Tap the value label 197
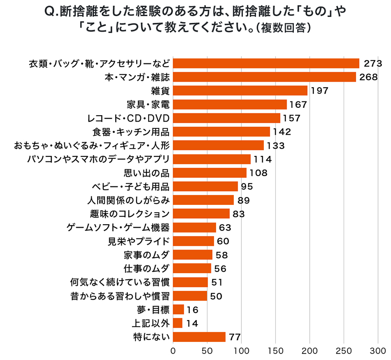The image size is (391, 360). (x=319, y=91)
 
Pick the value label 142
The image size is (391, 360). (x=282, y=132)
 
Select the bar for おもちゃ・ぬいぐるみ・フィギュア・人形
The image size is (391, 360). (x=218, y=145)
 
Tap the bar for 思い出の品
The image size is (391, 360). (x=209, y=173)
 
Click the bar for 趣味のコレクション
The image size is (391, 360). (x=201, y=214)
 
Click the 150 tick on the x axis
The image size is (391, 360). (x=275, y=350)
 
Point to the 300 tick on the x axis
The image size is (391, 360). (x=378, y=350)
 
